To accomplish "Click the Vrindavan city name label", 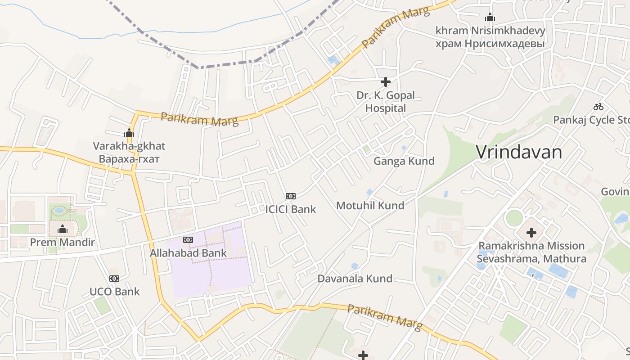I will point(519,152).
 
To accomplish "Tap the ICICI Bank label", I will point(290,209).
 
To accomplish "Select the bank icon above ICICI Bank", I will point(291,196).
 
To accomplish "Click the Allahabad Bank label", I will point(188,253).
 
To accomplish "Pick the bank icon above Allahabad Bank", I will point(188,240).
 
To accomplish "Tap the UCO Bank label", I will point(115,292).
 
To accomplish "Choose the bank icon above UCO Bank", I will point(114,279).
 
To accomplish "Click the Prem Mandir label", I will point(62,243).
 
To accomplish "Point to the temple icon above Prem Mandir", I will point(63,229).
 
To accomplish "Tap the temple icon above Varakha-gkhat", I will point(129,133).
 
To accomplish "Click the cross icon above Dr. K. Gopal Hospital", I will point(386,82).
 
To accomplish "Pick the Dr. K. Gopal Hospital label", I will point(386,102).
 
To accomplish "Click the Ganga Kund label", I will point(404,161).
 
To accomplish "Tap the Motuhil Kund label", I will point(370,206).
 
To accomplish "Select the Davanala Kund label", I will point(355,279).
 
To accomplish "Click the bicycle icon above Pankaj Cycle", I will point(598,107).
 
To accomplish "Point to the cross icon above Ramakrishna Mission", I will point(531,233).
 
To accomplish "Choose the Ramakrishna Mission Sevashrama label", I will point(531,252).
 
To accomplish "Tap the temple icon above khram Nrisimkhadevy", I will point(490,18).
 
